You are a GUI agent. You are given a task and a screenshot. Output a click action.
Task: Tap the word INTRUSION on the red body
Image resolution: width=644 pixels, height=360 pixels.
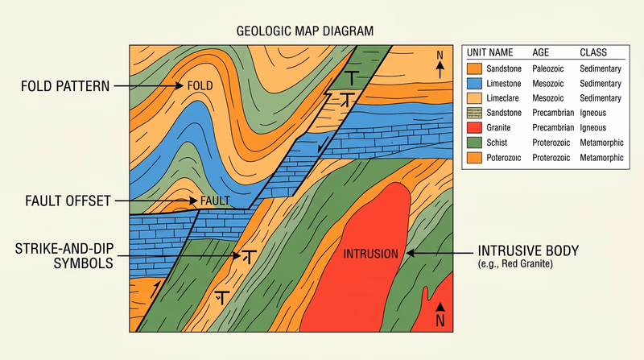370,254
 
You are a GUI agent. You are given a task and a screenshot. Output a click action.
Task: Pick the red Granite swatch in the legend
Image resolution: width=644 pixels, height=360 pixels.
473,127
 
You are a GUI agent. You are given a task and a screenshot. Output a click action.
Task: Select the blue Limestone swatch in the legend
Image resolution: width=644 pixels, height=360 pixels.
473,83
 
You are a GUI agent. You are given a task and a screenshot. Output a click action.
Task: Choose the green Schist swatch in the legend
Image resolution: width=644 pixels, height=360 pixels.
473,143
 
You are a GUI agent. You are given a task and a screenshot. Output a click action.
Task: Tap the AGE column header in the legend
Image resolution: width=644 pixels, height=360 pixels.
541,53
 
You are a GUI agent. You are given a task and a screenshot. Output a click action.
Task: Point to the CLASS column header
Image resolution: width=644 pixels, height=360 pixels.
593,53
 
